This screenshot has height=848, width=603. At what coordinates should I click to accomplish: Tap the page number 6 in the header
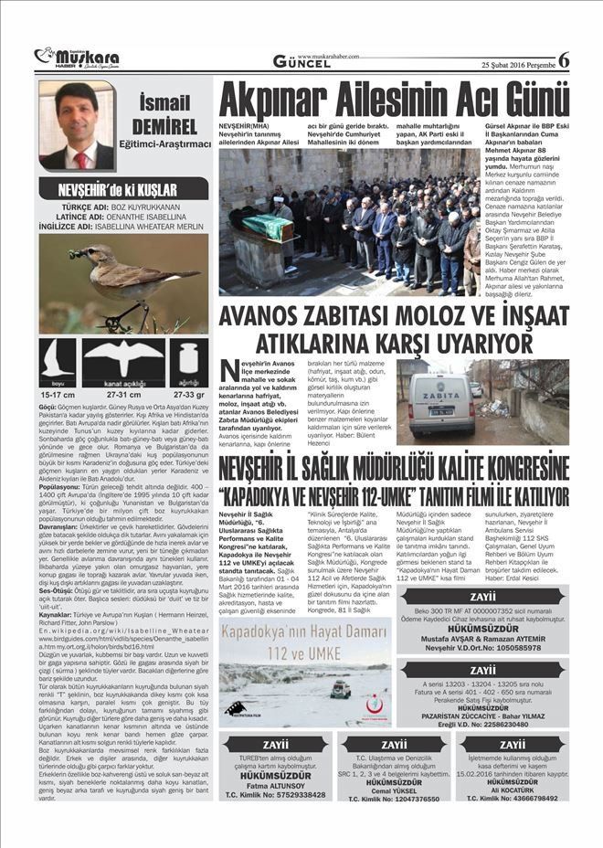point(563,59)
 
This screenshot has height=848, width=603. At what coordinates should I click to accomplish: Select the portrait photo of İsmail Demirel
point(77,125)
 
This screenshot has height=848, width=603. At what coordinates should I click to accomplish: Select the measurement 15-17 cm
point(58,395)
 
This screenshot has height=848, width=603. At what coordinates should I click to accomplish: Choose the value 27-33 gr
point(189,395)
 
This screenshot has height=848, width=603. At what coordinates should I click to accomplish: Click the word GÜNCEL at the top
point(301,61)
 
